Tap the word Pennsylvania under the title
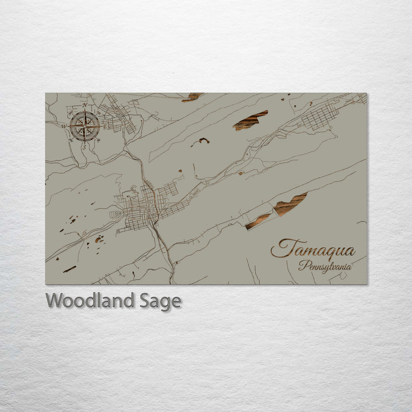pyautogui.click(x=324, y=267)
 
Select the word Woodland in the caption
pyautogui.click(x=90, y=300)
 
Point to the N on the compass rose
pyautogui.click(x=85, y=106)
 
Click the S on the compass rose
pyautogui.click(x=85, y=144)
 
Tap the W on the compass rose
pyautogui.click(x=64, y=125)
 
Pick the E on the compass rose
pyautogui.click(x=106, y=125)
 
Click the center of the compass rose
pyautogui.click(x=85, y=125)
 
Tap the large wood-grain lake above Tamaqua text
pyautogui.click(x=290, y=204)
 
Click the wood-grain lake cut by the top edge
pyautogui.click(x=192, y=97)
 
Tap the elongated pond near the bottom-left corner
pyautogui.click(x=69, y=269)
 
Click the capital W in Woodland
pyautogui.click(x=54, y=300)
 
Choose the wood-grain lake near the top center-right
pyautogui.click(x=250, y=120)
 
